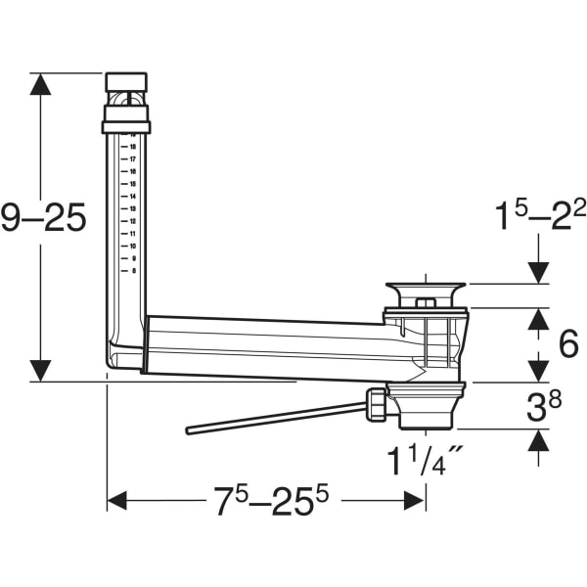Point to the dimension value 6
tap(568, 344)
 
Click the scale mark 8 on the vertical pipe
tap(133, 271)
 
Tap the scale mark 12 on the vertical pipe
tap(133, 221)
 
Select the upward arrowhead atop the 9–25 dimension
tap(40, 84)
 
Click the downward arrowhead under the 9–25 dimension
tap(40, 370)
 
